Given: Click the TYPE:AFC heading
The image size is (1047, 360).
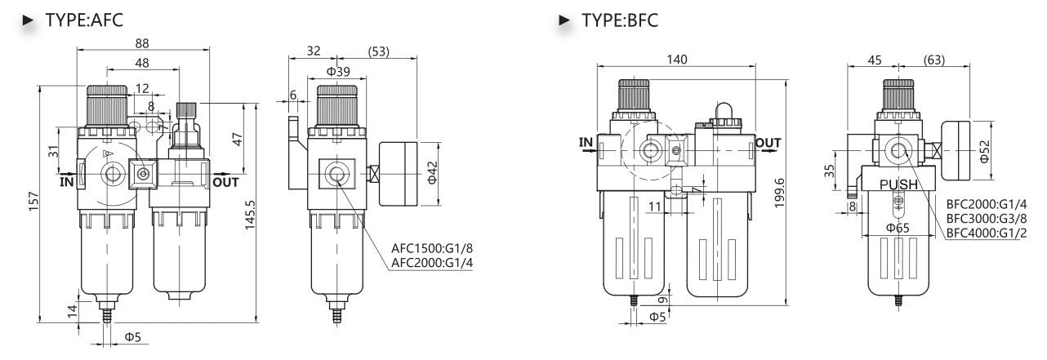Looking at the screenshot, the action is coord(84,20).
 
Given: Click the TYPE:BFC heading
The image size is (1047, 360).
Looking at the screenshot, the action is coord(620,20).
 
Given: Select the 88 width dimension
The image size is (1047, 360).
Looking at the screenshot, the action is coord(142,43).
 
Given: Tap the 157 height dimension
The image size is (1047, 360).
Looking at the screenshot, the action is coord(33,202).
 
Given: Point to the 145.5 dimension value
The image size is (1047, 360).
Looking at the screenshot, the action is coord(250,215).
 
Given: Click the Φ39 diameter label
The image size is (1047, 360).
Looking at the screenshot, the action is coord(338,72).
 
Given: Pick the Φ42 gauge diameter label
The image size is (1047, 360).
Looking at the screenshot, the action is coord(432,172).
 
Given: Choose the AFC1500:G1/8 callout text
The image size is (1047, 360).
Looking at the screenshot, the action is coord(432,247).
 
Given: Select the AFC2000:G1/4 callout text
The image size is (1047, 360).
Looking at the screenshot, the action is coord(432,263).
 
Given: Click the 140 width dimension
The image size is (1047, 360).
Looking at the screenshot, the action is coord(677,60).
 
